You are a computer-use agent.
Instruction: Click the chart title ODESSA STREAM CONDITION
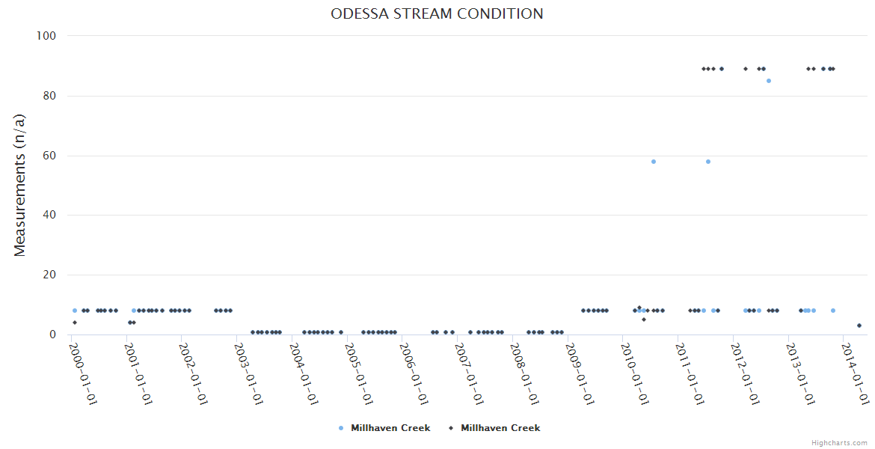437,13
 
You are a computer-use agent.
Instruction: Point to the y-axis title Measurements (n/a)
20,186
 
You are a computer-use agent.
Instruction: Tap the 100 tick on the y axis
46,36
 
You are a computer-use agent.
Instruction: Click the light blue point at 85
768,81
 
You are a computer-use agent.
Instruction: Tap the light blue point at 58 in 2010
654,162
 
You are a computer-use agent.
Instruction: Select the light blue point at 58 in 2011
708,162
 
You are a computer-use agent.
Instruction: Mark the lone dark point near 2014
859,326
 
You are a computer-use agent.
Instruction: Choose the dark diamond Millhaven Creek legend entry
494,428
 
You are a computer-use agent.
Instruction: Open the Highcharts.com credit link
839,443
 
